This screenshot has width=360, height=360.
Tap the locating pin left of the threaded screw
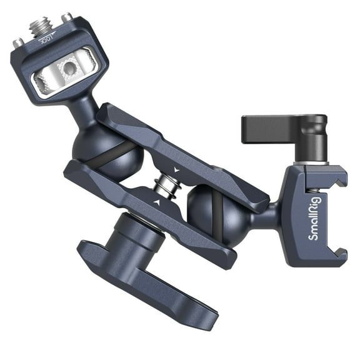(18, 43)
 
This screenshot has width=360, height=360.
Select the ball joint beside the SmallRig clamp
(216, 212)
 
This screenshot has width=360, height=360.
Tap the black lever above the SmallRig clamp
(269, 128)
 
